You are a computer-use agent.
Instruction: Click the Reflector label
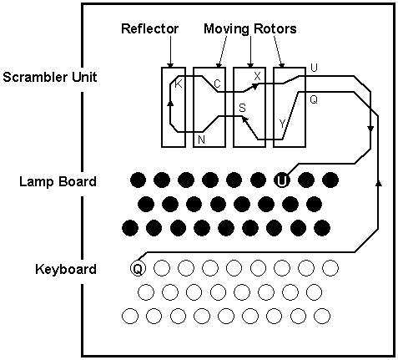coord(149,28)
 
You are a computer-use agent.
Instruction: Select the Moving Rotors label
coord(250,28)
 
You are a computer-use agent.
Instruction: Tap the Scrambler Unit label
coord(50,77)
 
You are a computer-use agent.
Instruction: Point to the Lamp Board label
coord(58,181)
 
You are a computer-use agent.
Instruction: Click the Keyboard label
coord(66,269)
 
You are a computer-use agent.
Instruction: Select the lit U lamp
coord(282,180)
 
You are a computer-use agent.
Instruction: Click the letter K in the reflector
coord(179,84)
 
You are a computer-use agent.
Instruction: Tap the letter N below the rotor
coord(201,139)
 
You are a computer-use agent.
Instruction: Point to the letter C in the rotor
coord(217,84)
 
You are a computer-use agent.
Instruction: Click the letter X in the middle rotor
coord(257,76)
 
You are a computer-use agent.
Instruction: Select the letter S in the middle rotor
coord(243,108)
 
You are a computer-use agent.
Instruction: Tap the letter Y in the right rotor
coord(282,124)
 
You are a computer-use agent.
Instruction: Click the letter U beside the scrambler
coord(314,68)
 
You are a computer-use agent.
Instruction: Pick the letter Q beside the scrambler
coord(314,99)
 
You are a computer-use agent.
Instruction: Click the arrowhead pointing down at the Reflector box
coord(170,65)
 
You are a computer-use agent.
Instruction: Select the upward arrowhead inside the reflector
coord(170,103)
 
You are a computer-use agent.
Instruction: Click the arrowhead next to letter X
coord(255,86)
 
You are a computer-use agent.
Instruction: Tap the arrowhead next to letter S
coord(244,119)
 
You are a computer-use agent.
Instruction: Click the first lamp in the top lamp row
coord(138,180)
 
